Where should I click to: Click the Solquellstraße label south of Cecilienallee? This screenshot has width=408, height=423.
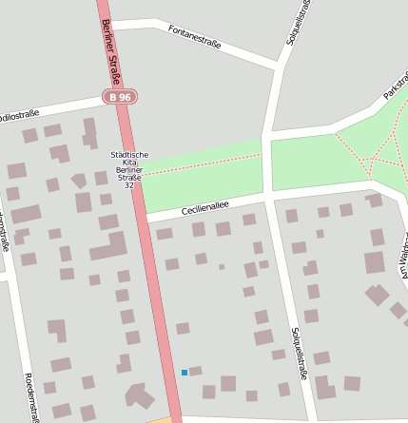[x=299, y=354]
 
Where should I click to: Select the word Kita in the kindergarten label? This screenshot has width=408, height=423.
[x=129, y=163]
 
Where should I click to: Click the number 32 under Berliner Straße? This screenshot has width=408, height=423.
[x=129, y=185]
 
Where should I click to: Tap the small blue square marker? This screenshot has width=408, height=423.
[x=185, y=373]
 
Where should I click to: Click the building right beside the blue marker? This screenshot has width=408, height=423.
[x=196, y=371]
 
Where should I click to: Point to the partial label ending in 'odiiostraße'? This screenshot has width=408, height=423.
[x=19, y=115]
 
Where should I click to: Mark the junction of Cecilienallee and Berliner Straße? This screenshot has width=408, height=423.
[x=146, y=219]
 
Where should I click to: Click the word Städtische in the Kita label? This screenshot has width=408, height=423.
[x=129, y=154]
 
